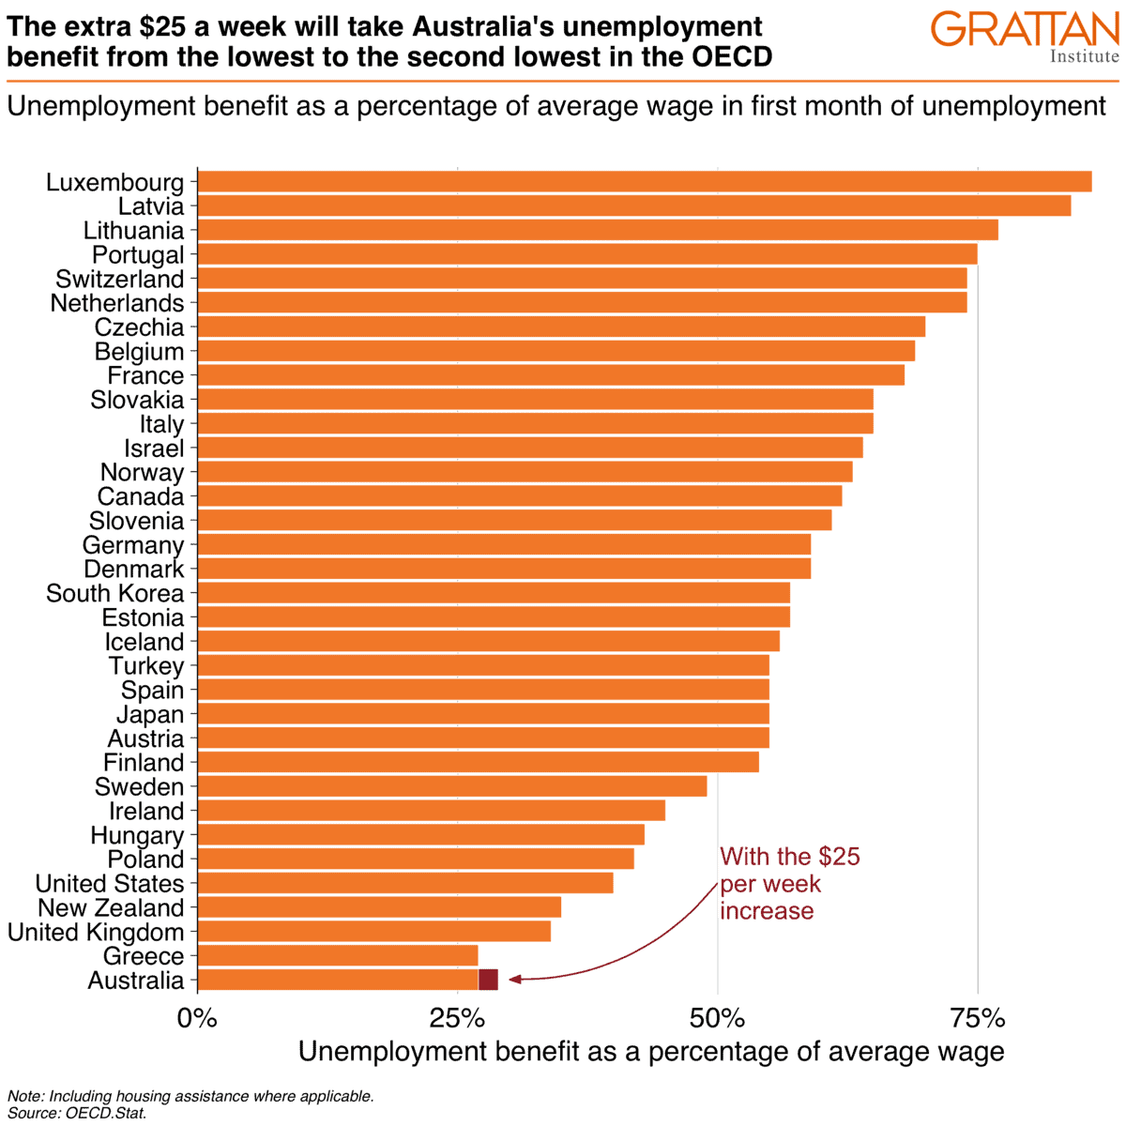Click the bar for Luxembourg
coord(644,182)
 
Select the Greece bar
coord(338,956)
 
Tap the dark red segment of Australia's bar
coord(488,981)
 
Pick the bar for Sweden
coord(451,786)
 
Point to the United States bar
coord(404,884)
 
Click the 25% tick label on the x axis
coord(457,1019)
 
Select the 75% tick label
coord(978,1019)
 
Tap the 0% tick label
coord(197,1019)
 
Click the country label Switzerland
coord(119,280)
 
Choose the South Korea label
coord(114,594)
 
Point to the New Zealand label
coord(111,908)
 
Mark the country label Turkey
coord(145,666)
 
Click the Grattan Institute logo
coord(1025,36)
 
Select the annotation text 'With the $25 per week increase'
coord(788,884)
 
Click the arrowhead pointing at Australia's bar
coord(514,980)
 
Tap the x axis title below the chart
coord(651,1052)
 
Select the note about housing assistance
coord(190,1096)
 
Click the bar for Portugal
coord(586,254)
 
